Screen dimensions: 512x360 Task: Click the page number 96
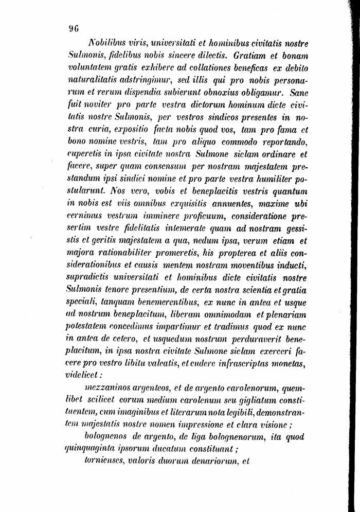click(73, 29)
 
